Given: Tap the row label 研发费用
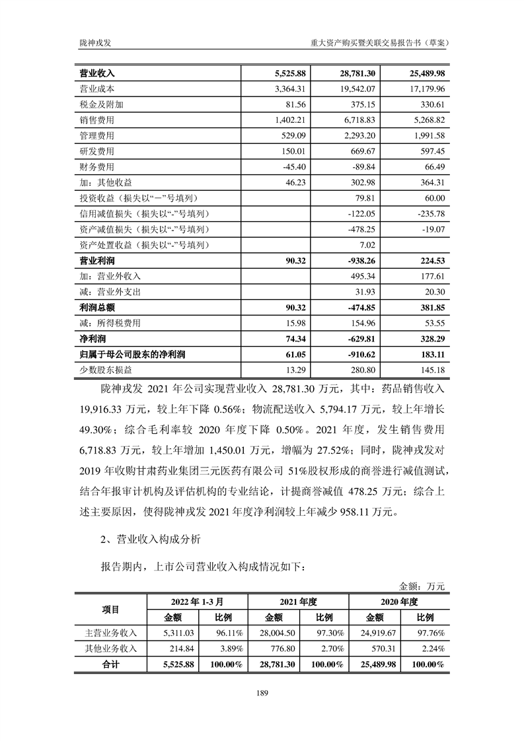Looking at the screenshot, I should click(x=97, y=151).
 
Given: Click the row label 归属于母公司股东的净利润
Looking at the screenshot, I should click(x=132, y=355).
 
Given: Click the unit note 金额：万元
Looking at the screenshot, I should click(x=422, y=586).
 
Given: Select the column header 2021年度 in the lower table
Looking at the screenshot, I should click(x=298, y=602).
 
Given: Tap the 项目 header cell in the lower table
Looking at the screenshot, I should click(x=110, y=610).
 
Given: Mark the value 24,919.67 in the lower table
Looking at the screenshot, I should click(x=374, y=633).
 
